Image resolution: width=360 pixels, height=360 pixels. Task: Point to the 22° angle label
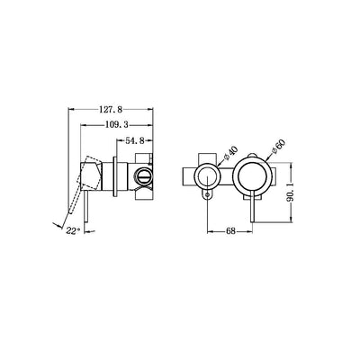[x=71, y=229]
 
